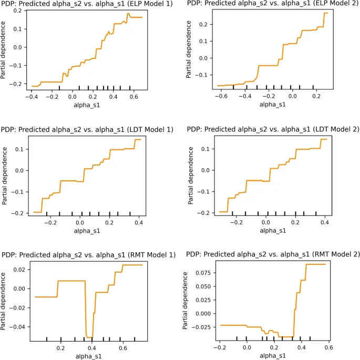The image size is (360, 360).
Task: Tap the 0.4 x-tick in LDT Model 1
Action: point(139,223)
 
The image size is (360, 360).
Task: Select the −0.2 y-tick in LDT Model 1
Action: point(18,213)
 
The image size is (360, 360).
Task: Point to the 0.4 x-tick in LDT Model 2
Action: point(325,223)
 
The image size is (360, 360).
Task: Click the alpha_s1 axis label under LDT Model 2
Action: point(275,231)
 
